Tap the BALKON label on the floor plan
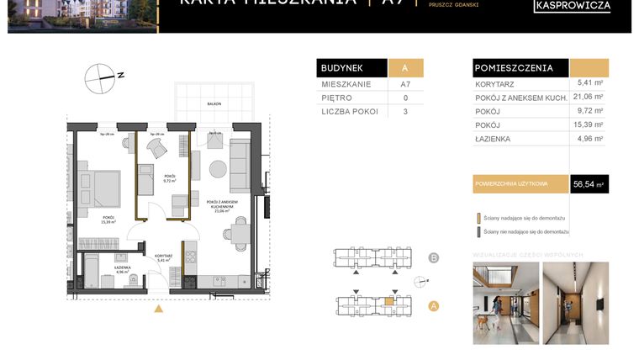click(214, 103)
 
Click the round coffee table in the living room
click(218, 168)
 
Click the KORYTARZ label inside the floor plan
click(163, 255)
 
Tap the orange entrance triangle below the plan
click(158, 309)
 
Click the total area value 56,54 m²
click(589, 183)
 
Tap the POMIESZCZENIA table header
click(515, 68)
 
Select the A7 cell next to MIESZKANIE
click(405, 85)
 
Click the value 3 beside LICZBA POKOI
click(405, 111)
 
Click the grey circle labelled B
click(434, 258)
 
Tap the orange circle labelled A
click(434, 306)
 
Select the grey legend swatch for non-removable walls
click(478, 230)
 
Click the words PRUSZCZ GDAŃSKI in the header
click(453, 5)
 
